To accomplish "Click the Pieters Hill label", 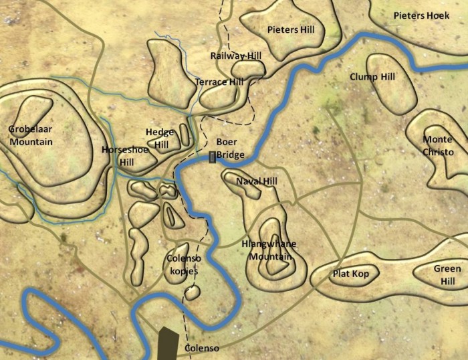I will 290,30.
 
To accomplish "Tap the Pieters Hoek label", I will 421,15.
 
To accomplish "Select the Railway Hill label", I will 235,56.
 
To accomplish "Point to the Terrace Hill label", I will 219,82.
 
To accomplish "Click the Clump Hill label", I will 372,77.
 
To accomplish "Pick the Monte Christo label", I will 437,146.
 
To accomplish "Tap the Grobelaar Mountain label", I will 31,135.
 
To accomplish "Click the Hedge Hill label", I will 160,139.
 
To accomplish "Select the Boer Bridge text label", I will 230,149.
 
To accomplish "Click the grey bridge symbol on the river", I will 213,158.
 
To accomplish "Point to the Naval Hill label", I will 257,181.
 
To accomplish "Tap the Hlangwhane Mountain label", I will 268,250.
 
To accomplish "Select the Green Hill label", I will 446,275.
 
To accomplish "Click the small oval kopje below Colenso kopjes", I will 193,292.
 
